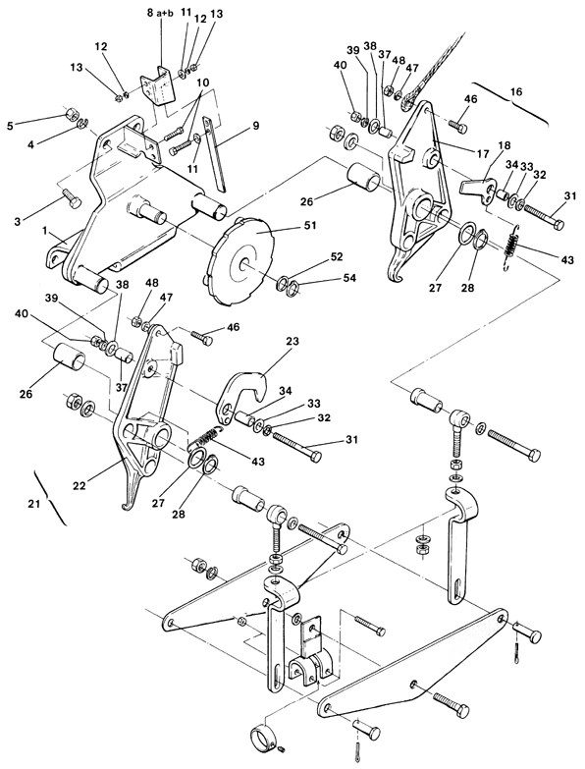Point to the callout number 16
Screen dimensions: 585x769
(516, 91)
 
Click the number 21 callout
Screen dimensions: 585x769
(33, 504)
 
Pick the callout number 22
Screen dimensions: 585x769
(79, 485)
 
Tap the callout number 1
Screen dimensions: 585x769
(45, 231)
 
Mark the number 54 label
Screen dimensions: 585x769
(349, 278)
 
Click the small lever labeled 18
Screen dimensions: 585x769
(479, 190)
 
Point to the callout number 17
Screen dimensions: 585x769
(482, 153)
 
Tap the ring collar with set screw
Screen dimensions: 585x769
(263, 736)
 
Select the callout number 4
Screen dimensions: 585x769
(30, 144)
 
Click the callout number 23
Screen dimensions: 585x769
(292, 341)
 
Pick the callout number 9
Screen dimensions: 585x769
(255, 125)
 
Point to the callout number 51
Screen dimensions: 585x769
(309, 225)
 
